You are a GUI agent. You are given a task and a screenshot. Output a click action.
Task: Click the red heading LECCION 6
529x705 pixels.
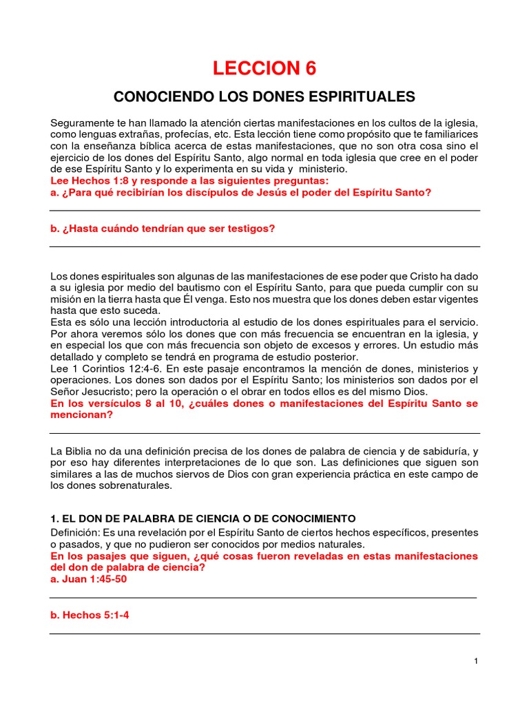[x=265, y=68]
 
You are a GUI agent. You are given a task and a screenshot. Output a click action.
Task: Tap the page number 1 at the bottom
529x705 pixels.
[x=476, y=661]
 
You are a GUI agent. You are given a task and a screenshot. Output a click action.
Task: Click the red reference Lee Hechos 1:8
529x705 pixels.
[x=90, y=181]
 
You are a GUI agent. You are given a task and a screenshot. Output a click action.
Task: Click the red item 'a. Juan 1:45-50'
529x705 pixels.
[x=89, y=579]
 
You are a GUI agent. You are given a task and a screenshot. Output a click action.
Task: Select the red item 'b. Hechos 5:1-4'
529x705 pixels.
[x=90, y=615]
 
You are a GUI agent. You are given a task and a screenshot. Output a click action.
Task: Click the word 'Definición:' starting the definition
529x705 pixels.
[x=74, y=533]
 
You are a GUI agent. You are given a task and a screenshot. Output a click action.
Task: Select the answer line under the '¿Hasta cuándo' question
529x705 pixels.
[x=264, y=246]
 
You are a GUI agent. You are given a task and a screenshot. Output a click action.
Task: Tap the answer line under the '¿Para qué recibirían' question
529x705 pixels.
[x=264, y=210]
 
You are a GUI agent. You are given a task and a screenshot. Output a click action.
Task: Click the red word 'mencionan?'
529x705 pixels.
[x=82, y=415]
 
